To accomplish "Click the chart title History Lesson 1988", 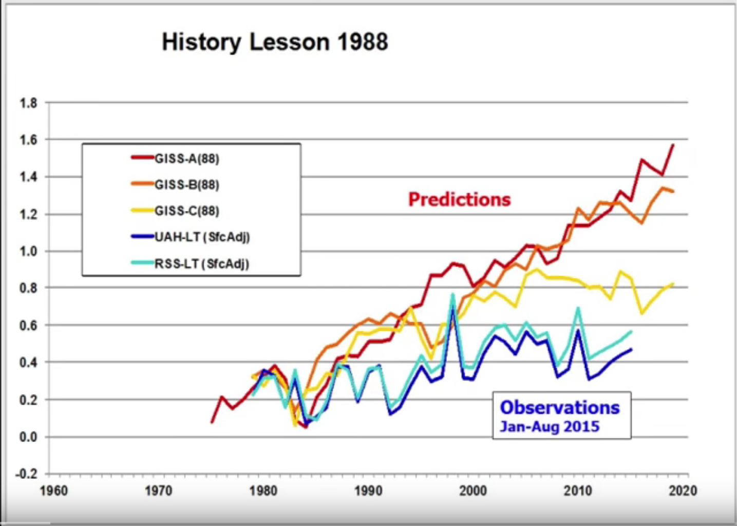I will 275,42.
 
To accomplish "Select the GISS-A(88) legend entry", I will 187,158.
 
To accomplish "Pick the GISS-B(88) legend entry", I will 187,184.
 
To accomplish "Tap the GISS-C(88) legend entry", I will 187,211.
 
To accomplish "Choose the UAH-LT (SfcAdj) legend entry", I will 202,237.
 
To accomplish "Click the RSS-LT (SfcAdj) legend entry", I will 201,264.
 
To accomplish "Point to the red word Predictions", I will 459,199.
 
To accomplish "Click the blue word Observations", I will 560,407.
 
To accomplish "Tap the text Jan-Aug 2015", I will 550,427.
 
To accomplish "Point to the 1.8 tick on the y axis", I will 29,103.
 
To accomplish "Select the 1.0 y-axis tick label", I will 29,251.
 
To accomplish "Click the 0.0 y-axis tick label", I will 29,437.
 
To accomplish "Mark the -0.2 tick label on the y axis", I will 27,474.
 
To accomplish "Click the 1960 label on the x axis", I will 54,491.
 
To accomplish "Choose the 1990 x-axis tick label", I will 368,491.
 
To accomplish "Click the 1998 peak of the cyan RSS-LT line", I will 452,294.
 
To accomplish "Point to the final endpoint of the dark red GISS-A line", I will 673,145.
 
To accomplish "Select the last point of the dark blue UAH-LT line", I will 631,349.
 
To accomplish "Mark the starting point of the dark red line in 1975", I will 212,422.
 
